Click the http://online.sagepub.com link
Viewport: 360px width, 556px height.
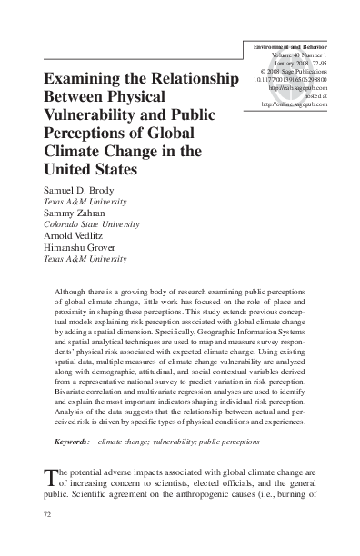coord(294,104)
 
